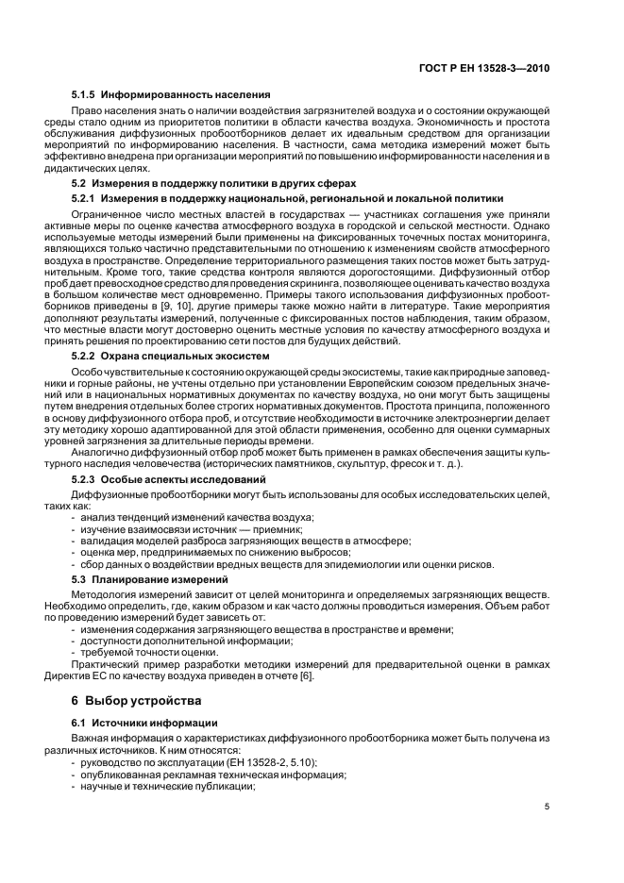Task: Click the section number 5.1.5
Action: pyautogui.click(x=84, y=94)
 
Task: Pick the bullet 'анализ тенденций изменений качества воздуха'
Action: pyautogui.click(x=197, y=518)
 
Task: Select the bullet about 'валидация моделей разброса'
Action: pyautogui.click(x=245, y=541)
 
